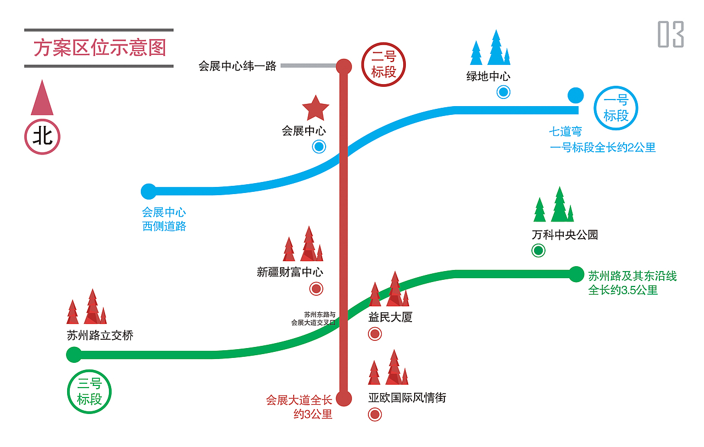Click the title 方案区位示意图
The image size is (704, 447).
(100, 48)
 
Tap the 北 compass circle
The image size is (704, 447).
(42, 136)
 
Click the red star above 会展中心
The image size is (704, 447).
(315, 108)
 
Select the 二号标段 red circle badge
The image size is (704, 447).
(383, 65)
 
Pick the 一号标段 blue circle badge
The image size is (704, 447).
(616, 108)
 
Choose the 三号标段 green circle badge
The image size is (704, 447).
(89, 391)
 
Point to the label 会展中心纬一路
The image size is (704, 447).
(237, 67)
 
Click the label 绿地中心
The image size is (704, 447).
(488, 76)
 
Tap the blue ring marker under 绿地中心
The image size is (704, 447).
(503, 92)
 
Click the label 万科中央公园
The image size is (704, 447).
(564, 235)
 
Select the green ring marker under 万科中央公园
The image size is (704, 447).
(538, 251)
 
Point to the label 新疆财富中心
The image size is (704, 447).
(290, 272)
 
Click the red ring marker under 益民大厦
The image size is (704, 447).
(375, 333)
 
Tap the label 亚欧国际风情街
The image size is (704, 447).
(407, 398)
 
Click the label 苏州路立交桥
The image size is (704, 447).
(100, 335)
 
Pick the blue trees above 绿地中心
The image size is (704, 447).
(490, 48)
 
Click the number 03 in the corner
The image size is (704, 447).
(670, 34)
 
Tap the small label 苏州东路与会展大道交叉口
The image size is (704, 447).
(313, 319)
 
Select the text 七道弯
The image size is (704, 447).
(565, 132)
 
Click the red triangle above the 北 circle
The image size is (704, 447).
(42, 98)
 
